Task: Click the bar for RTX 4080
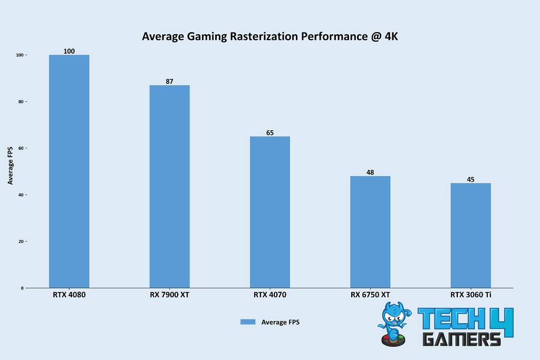[x=69, y=171]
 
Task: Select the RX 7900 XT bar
[x=169, y=187]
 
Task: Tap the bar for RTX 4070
[x=270, y=212]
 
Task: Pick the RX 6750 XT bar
[x=370, y=232]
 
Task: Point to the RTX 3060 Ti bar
[x=470, y=236]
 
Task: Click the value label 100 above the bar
[x=69, y=51]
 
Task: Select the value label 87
[x=169, y=82]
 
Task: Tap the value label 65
[x=270, y=133]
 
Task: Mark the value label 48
[x=370, y=172]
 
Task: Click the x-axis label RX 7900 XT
[x=169, y=295]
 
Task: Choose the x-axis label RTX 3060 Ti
[x=470, y=295]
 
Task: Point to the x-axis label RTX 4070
[x=270, y=295]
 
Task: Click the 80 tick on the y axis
[x=21, y=102]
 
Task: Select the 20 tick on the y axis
[x=21, y=241]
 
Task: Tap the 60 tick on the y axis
[x=21, y=149]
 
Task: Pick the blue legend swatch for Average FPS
[x=248, y=322]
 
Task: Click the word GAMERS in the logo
[x=461, y=338]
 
